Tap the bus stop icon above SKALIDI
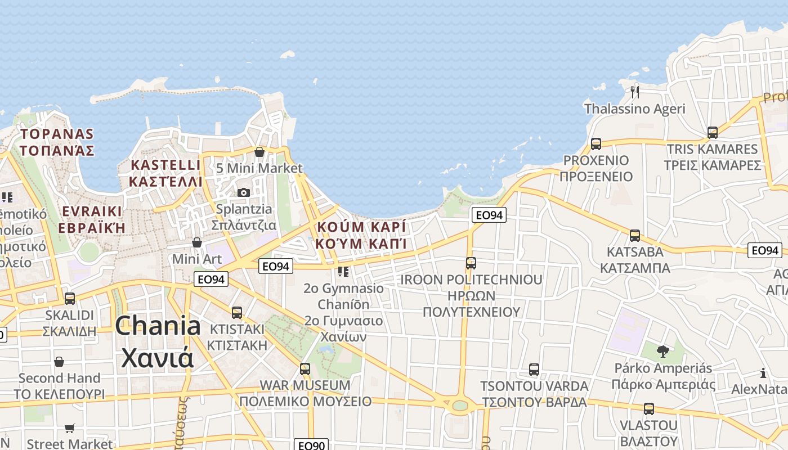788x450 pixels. (70, 298)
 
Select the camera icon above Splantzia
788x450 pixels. (244, 192)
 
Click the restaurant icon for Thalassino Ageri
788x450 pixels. (635, 92)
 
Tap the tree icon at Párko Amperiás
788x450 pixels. (663, 352)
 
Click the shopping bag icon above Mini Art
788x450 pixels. (197, 242)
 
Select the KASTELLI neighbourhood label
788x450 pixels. (165, 173)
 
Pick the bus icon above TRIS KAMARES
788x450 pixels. (713, 133)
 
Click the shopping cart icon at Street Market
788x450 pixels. (70, 429)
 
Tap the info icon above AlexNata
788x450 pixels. (763, 373)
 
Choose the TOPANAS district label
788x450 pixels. (56, 142)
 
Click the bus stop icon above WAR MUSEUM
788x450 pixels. (305, 369)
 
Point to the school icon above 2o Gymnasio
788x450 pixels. (343, 272)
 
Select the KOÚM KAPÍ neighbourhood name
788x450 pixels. (361, 235)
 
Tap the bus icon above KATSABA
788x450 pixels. (635, 235)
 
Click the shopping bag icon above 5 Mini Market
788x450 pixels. (259, 152)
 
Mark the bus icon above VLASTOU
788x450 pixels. (649, 409)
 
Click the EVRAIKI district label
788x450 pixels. (92, 219)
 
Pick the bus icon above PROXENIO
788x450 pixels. (596, 143)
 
